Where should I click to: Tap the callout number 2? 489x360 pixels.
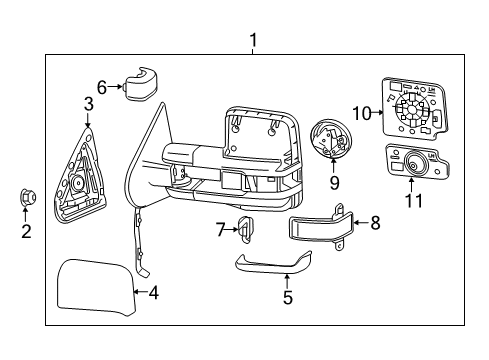tap(27, 232)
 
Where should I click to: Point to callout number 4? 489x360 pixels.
tap(153, 293)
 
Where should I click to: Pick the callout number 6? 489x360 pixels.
tap(101, 86)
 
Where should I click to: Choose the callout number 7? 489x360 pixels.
tap(221, 231)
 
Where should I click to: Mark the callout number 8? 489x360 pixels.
tap(375, 223)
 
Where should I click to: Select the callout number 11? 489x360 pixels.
tap(413, 201)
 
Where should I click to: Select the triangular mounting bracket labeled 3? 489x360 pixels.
tap(79, 170)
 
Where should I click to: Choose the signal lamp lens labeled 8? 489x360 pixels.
tap(319, 228)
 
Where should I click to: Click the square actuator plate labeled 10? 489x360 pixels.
tap(410, 109)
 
